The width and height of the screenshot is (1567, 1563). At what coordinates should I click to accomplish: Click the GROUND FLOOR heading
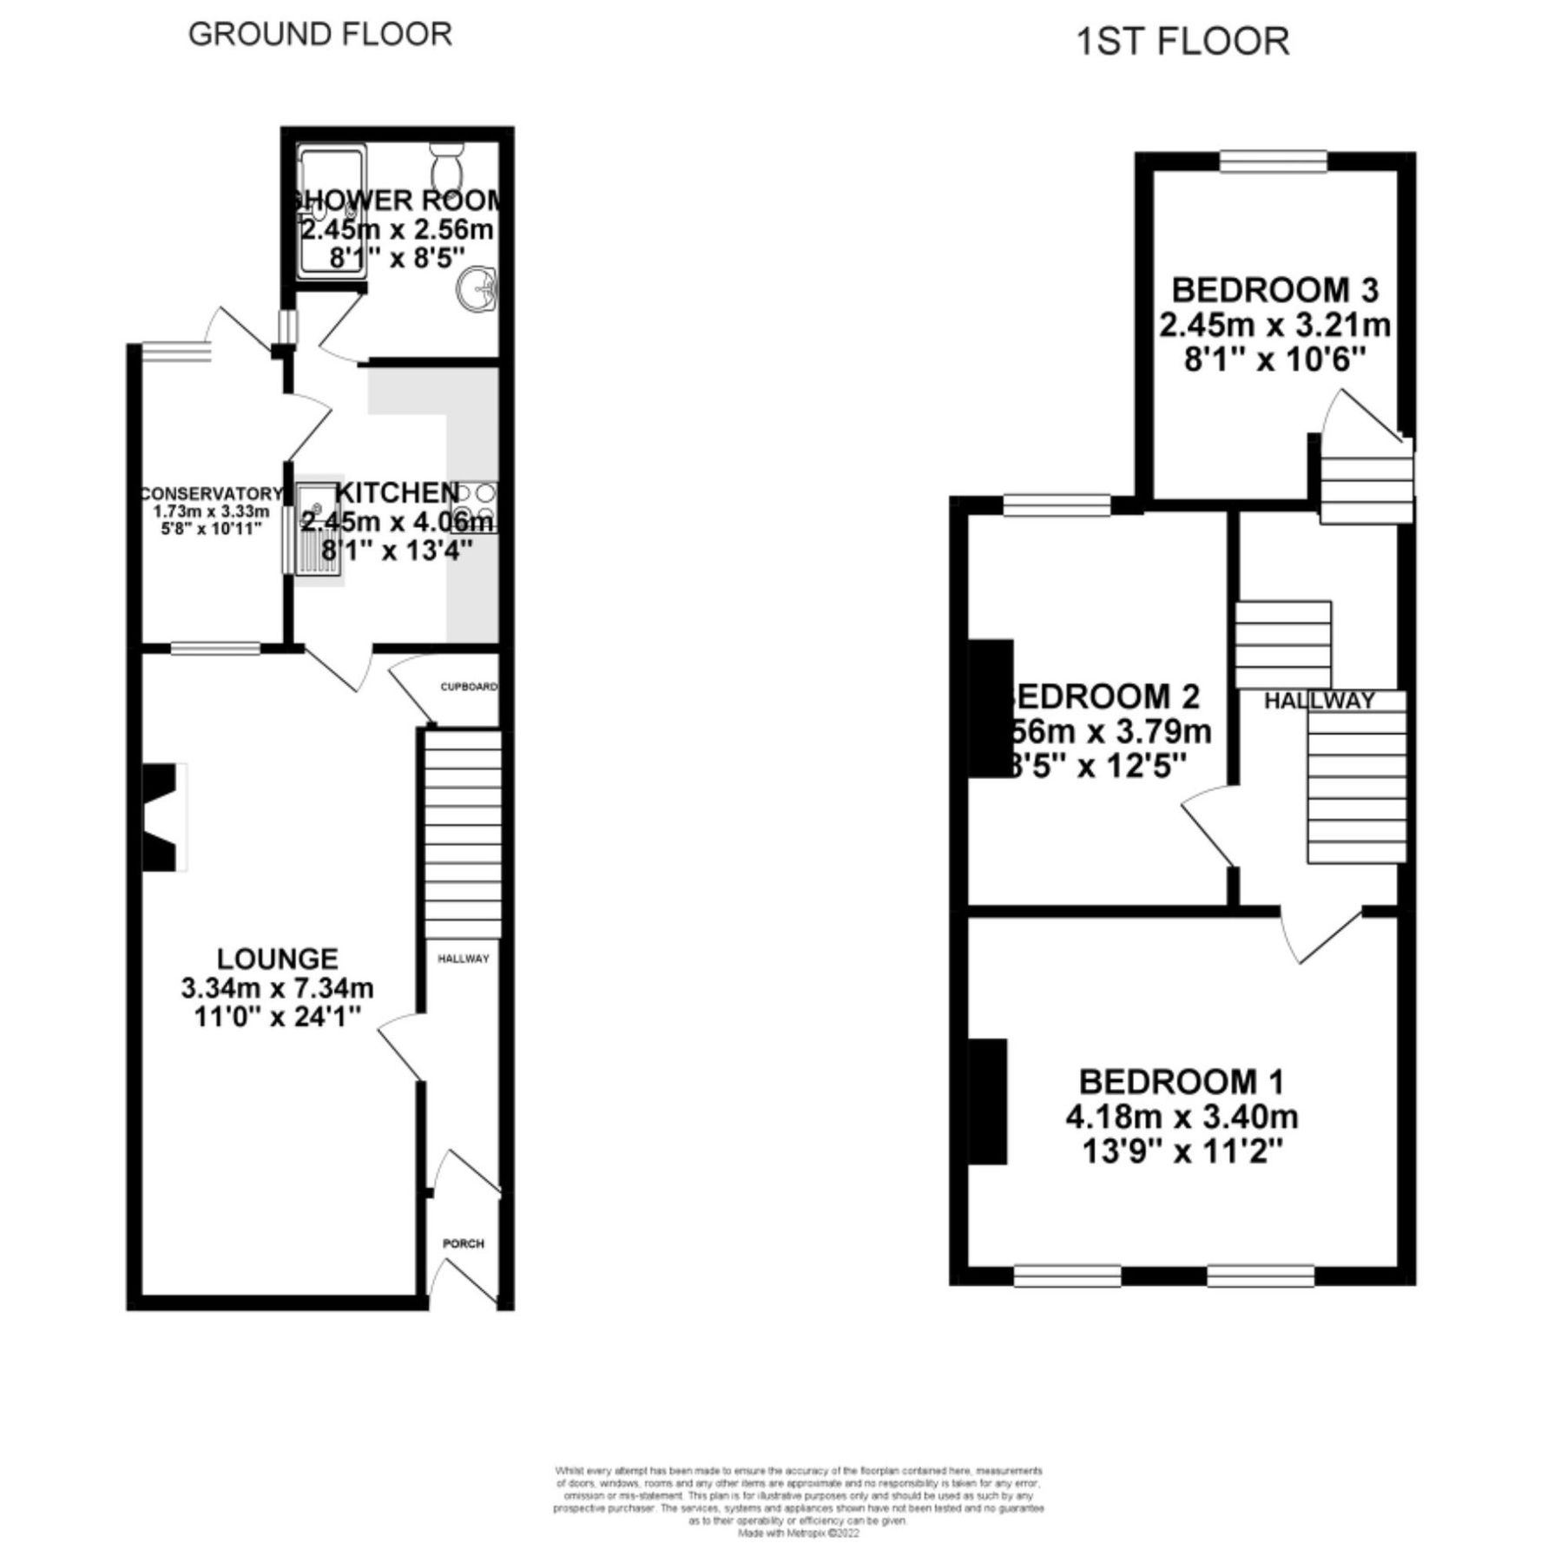click(x=319, y=35)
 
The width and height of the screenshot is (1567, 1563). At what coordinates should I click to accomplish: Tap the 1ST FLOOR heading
click(x=1182, y=42)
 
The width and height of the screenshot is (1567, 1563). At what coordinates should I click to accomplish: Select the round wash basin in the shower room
click(x=476, y=287)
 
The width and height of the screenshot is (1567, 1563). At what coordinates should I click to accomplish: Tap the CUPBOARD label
click(x=469, y=687)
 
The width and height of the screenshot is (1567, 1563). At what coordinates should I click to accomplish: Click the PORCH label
click(x=464, y=1243)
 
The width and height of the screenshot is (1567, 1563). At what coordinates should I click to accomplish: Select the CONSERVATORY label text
click(x=212, y=494)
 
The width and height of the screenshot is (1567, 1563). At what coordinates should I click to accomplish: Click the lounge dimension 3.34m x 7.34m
click(x=277, y=987)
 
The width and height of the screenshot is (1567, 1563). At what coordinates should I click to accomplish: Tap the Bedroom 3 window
click(x=1273, y=162)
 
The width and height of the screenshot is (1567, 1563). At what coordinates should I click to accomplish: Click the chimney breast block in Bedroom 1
click(x=988, y=1100)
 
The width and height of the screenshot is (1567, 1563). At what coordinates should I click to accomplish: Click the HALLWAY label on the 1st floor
click(x=1319, y=701)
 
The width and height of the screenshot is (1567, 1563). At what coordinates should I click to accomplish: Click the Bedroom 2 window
click(x=1057, y=505)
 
